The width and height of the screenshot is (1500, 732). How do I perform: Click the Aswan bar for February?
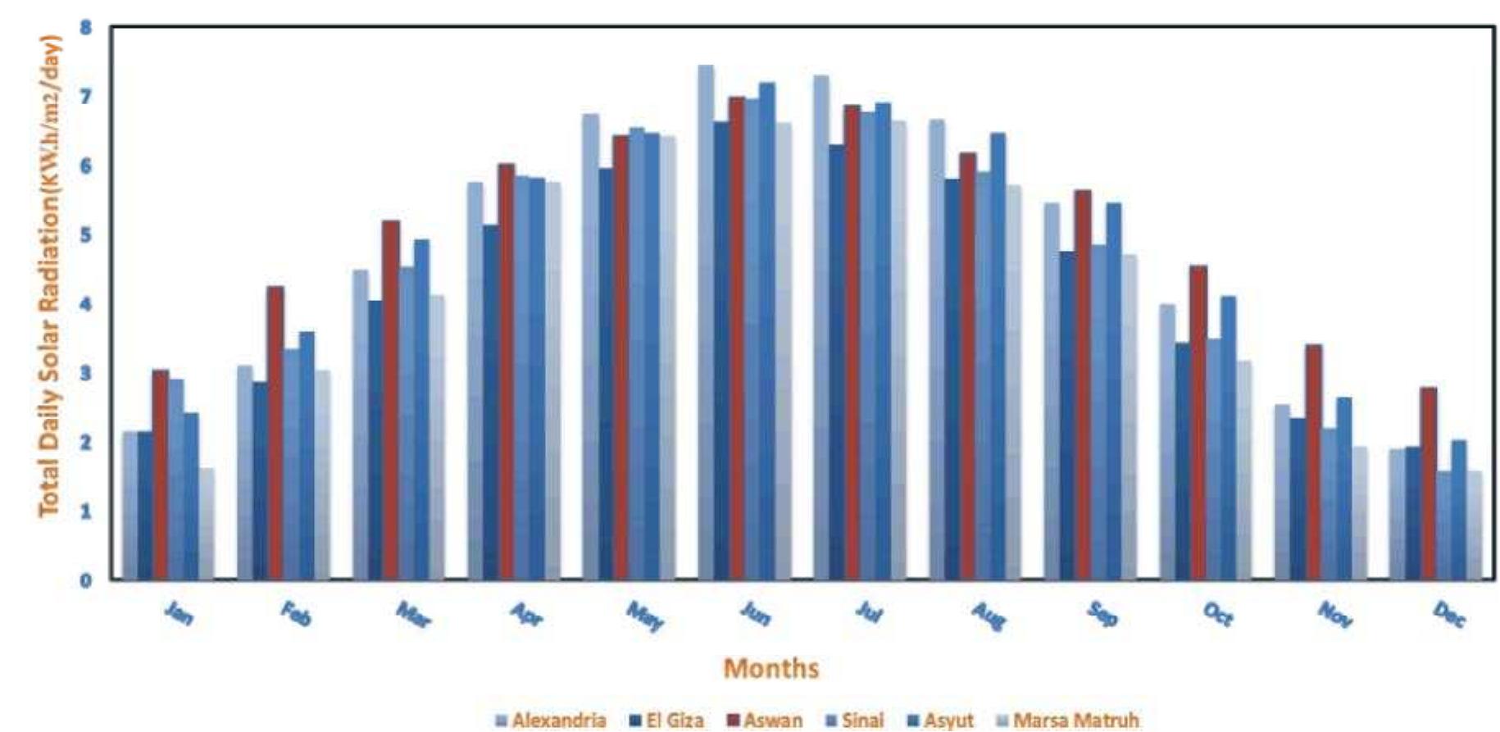pos(275,434)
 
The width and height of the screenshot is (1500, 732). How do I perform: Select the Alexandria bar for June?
pos(706,324)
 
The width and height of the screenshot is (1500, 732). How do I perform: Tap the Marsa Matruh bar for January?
pos(206,525)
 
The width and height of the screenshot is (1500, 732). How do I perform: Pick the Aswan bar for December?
pos(1429,484)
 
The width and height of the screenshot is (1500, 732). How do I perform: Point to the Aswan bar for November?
pos(1314,463)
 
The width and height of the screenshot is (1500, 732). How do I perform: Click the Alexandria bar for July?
pos(820,328)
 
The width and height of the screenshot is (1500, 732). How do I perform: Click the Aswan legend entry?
pos(766,721)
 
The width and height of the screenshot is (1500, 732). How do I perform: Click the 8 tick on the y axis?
pos(86,28)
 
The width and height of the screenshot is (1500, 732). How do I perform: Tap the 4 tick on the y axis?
pos(86,304)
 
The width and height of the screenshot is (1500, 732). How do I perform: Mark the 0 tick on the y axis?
pos(86,580)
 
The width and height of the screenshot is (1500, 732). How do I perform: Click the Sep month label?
pos(1102,614)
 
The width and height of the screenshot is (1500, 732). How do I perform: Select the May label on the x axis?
pos(644,616)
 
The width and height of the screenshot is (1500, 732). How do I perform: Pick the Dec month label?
pos(1449,614)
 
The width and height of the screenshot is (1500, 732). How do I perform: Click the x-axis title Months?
pos(770,668)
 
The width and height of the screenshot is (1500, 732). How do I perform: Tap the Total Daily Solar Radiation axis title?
pos(49,275)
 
